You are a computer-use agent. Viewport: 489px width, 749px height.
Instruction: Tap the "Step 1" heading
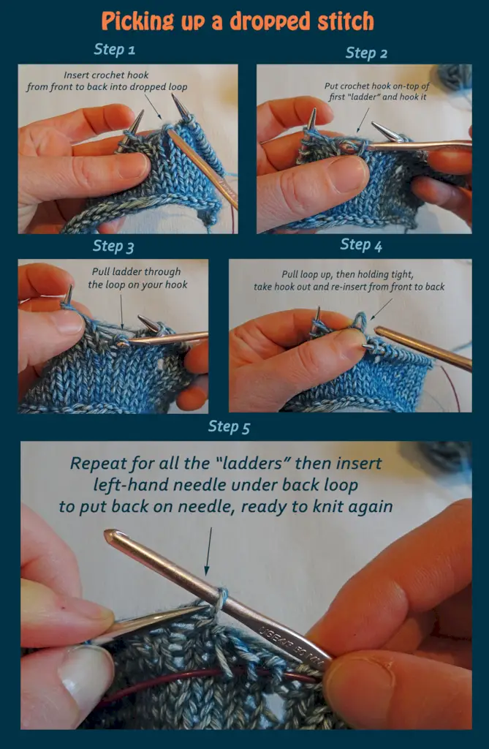[x=114, y=49]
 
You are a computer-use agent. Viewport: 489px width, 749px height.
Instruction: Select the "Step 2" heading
[x=366, y=53]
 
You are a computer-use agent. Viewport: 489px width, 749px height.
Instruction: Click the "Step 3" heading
[x=113, y=246]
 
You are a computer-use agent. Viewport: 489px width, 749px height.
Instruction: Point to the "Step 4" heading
[x=361, y=244]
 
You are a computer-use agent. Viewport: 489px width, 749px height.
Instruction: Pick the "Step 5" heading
[x=229, y=426]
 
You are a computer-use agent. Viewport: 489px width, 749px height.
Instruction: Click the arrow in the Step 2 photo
[x=363, y=120]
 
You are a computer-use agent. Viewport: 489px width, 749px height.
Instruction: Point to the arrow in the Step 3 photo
[x=121, y=312]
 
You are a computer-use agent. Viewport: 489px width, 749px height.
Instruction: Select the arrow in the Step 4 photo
[x=382, y=309]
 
